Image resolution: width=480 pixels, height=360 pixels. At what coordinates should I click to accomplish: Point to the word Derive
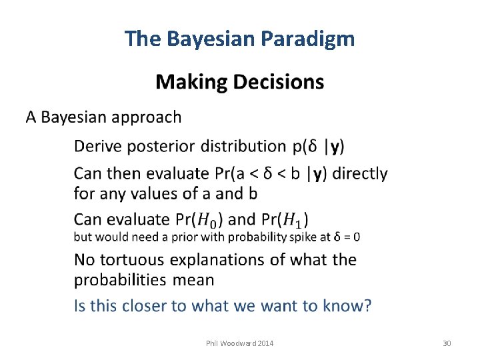97,146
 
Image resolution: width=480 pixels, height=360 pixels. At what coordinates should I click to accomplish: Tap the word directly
359,173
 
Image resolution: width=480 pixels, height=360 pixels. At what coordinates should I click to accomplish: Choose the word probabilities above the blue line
121,280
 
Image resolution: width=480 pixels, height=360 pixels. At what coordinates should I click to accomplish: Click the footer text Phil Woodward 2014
240,343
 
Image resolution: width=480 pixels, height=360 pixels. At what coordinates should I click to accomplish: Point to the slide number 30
447,343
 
